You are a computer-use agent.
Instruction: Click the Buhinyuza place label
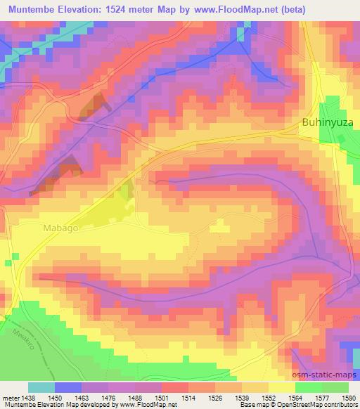(327, 122)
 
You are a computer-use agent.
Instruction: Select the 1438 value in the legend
(22, 397)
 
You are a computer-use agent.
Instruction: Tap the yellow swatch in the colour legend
(282, 387)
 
